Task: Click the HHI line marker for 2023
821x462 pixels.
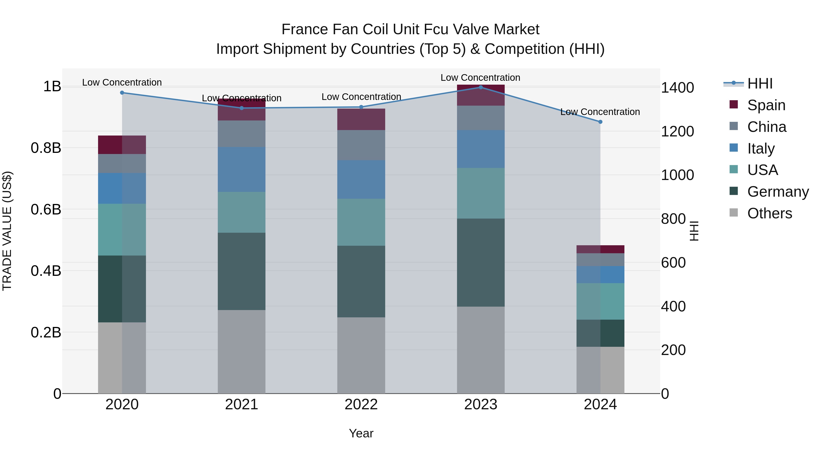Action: (x=481, y=87)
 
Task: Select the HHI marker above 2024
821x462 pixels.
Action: (x=600, y=122)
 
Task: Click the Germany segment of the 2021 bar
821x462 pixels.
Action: (x=242, y=271)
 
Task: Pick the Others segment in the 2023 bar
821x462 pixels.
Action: (x=481, y=350)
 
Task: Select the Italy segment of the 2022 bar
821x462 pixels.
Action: (x=361, y=180)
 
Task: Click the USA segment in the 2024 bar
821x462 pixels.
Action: (x=600, y=301)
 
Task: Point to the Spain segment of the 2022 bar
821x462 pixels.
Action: (x=361, y=119)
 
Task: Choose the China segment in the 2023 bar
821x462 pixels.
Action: (x=481, y=118)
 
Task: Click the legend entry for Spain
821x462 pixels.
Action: (x=766, y=105)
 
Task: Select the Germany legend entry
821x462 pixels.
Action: (x=778, y=192)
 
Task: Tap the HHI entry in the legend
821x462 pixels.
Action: (x=760, y=84)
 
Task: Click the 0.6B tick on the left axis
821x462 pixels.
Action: (x=46, y=209)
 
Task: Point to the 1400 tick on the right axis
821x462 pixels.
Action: (x=677, y=88)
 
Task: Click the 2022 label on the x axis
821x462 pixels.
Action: (x=361, y=405)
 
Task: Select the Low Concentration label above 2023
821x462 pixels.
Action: (x=480, y=78)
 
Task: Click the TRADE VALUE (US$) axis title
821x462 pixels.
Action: (x=7, y=231)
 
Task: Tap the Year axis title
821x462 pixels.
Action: (x=361, y=433)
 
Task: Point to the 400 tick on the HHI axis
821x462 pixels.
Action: (x=673, y=306)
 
